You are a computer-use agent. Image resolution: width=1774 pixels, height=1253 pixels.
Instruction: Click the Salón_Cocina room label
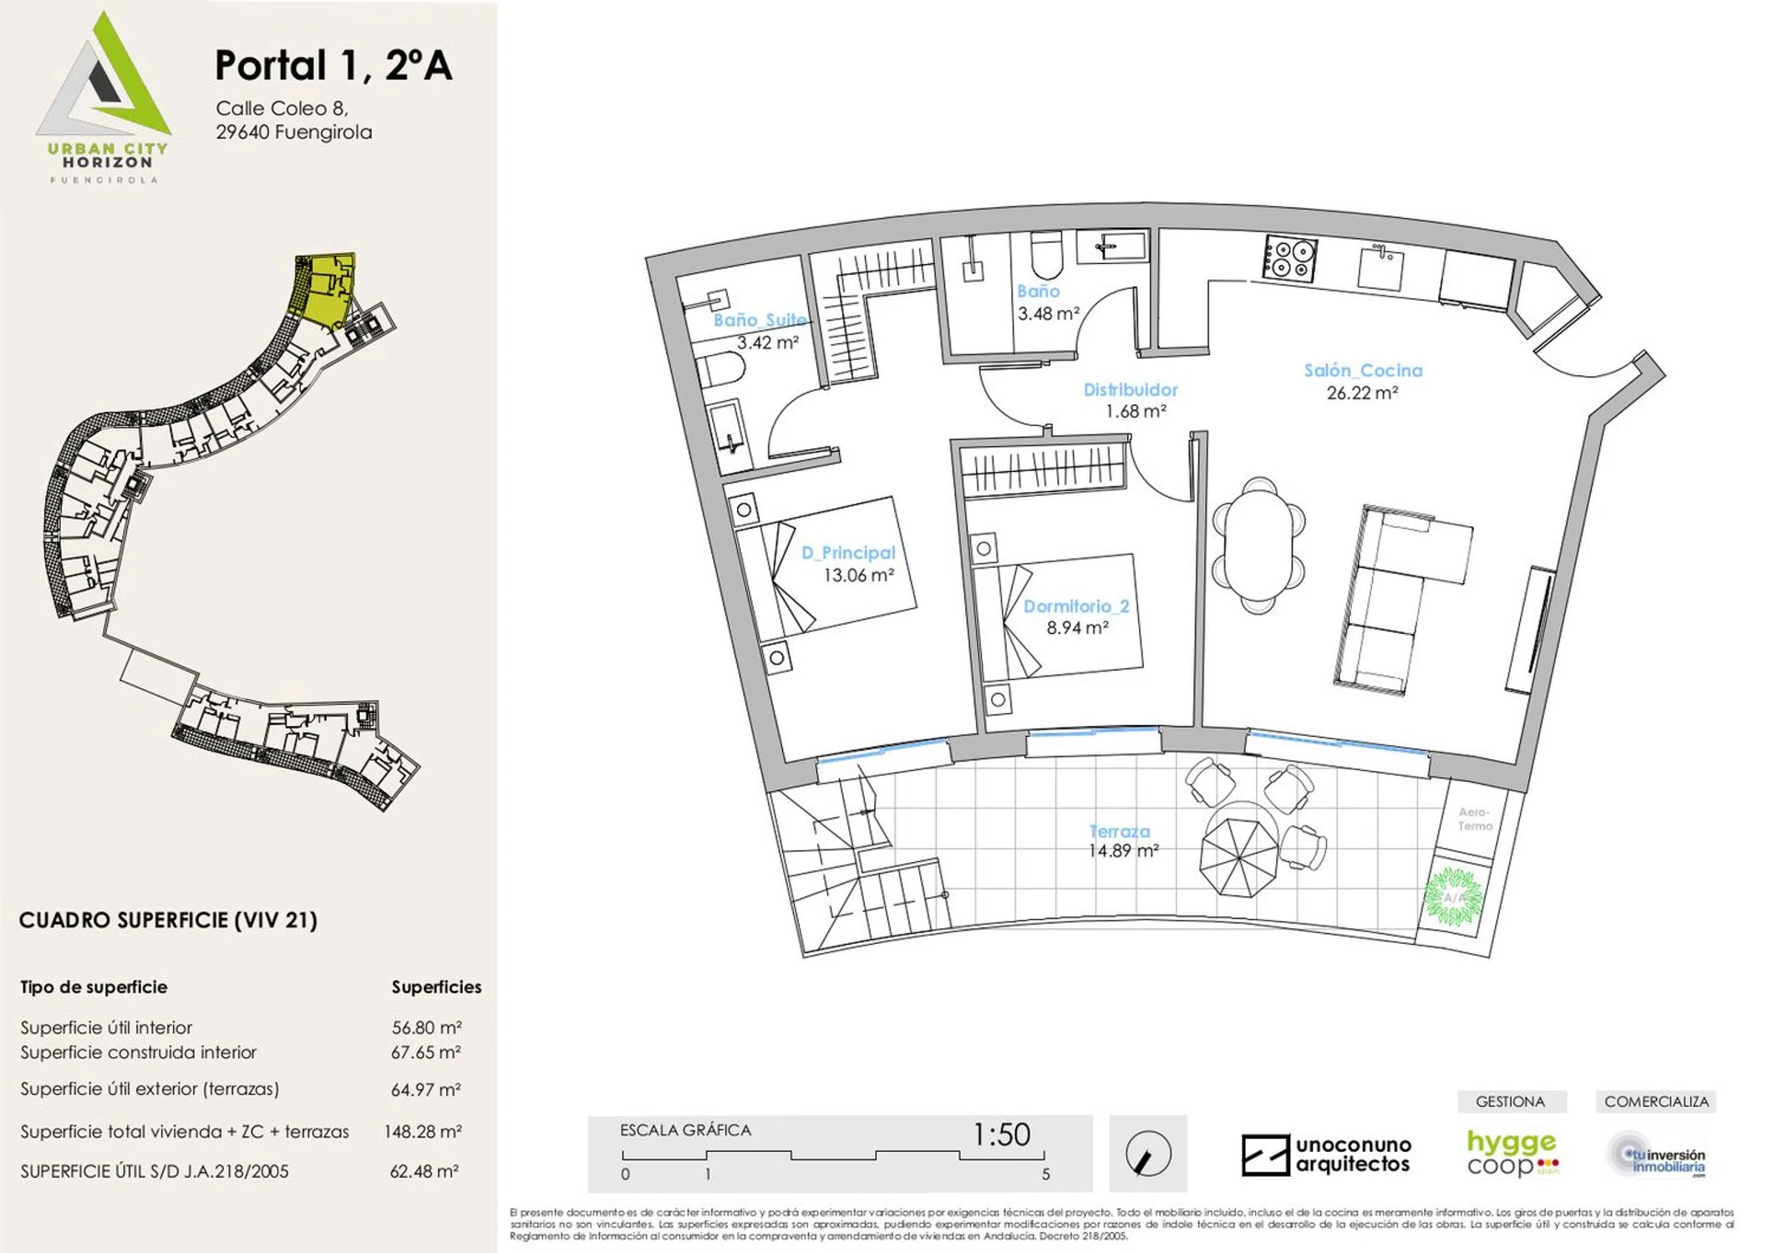click(1363, 371)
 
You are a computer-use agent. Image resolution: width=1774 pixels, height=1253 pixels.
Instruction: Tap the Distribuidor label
click(1131, 390)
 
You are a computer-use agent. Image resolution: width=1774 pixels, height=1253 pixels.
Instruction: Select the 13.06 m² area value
click(858, 576)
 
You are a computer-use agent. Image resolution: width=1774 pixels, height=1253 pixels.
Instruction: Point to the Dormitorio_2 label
click(1076, 606)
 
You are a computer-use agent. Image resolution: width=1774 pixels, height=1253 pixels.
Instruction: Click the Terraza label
click(1120, 831)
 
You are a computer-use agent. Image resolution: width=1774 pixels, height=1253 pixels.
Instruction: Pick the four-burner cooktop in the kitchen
click(1289, 258)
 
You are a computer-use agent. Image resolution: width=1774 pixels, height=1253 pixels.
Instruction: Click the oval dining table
click(1258, 545)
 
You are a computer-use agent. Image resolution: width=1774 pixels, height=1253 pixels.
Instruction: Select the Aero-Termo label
click(1475, 819)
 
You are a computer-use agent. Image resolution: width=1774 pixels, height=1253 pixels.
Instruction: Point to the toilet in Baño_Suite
click(720, 368)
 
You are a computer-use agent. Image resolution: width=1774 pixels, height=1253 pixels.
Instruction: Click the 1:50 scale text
click(1001, 1134)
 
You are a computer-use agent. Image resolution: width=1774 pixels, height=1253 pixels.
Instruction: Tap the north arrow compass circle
click(1148, 1154)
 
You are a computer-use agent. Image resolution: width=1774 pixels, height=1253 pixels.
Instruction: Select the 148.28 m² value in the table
click(422, 1132)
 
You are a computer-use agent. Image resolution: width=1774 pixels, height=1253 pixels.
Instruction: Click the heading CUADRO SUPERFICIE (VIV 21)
click(168, 921)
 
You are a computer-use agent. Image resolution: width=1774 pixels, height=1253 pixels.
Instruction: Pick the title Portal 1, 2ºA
click(333, 65)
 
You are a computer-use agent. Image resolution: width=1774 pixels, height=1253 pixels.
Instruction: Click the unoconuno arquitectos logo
click(1326, 1154)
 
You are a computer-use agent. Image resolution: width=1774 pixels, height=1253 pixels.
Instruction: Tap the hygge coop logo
click(1512, 1153)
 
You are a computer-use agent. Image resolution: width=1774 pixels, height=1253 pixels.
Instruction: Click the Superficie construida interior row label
click(138, 1053)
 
